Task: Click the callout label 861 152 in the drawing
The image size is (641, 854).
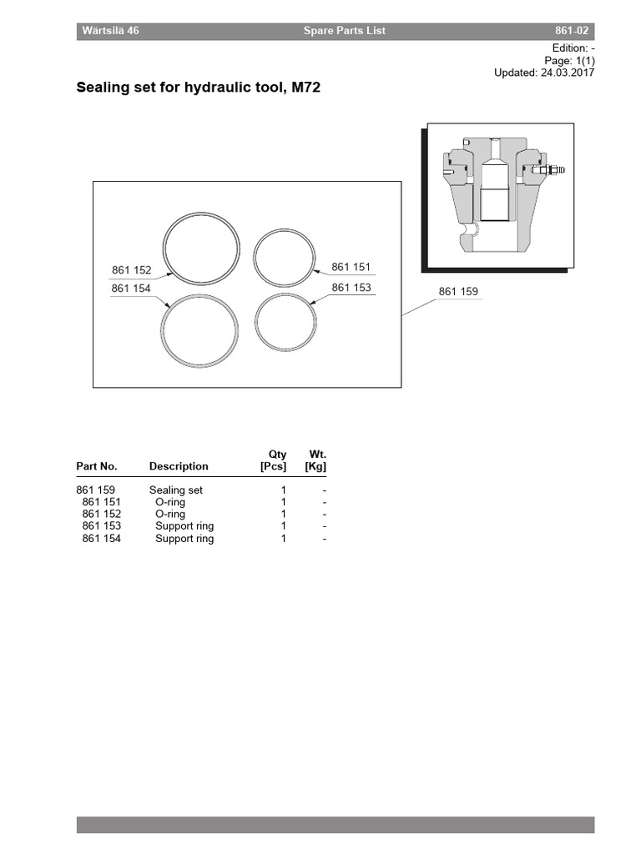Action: click(x=131, y=270)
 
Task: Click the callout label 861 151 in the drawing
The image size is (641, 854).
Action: click(x=351, y=267)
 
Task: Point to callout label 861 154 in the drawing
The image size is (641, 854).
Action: click(x=131, y=289)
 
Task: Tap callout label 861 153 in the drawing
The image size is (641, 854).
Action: click(x=351, y=288)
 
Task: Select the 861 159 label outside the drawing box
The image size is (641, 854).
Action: click(x=458, y=292)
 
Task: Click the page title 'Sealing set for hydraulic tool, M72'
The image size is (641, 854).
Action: click(x=199, y=86)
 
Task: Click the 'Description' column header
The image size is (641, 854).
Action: click(x=179, y=466)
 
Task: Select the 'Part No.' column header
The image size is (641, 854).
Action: click(x=97, y=466)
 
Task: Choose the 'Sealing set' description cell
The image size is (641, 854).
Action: click(x=176, y=490)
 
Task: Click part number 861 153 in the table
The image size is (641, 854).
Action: click(x=102, y=526)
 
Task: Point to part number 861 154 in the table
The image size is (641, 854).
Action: click(x=102, y=539)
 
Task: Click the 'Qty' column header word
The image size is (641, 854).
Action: click(x=277, y=455)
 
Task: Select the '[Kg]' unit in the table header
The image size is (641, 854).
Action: click(x=315, y=466)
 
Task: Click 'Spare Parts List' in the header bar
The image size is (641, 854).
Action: click(x=344, y=31)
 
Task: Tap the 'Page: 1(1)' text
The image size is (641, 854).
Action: click(x=569, y=61)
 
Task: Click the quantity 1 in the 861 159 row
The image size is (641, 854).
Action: click(x=284, y=490)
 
